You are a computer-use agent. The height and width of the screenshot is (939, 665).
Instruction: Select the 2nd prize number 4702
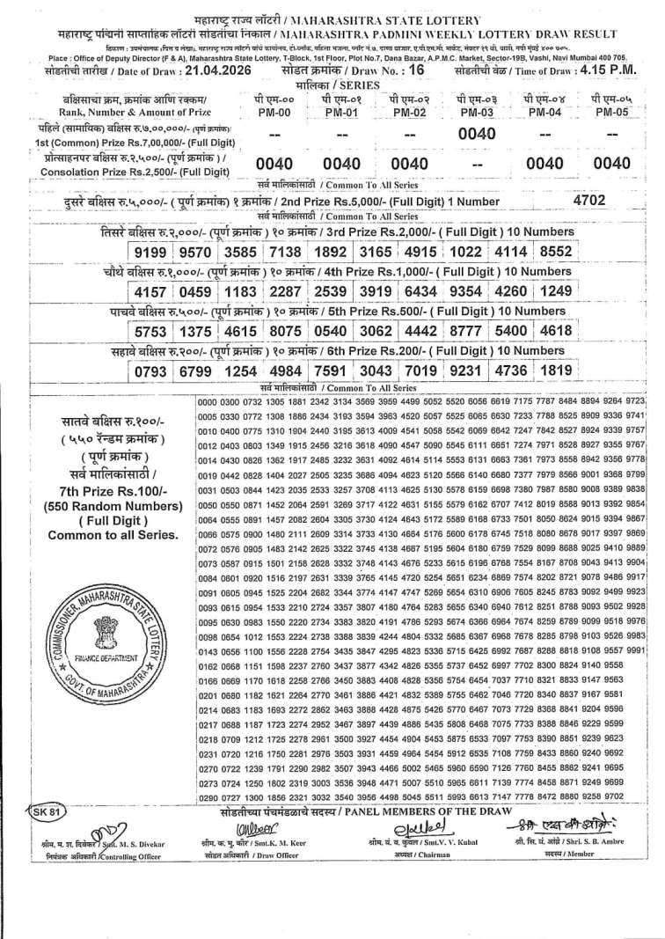click(588, 200)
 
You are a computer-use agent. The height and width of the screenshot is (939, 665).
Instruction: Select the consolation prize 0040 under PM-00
click(274, 164)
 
